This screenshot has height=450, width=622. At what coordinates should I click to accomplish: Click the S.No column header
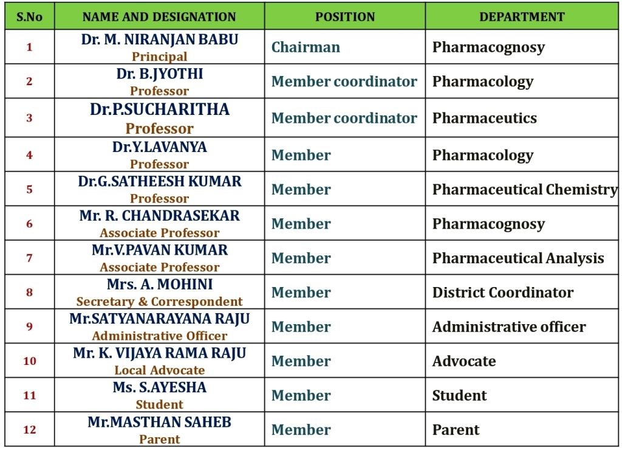29,17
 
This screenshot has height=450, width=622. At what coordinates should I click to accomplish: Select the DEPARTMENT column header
522,17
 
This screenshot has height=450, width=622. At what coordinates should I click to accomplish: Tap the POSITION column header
344,17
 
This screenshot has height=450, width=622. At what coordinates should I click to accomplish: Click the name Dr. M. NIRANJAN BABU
160,40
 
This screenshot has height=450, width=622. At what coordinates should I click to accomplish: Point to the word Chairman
306,47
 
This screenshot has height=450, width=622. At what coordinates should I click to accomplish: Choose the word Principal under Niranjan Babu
160,57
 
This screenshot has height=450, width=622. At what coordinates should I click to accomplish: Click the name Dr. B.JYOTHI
160,74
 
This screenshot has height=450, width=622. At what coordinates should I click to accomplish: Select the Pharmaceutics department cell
484,118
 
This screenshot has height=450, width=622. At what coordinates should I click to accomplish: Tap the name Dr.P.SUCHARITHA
160,109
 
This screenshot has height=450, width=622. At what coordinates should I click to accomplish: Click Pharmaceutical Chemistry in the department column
525,190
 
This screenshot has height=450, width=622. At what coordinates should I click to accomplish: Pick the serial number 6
29,224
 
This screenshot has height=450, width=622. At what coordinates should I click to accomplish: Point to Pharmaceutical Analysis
518,258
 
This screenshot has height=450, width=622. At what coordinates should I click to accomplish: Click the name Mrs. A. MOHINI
160,285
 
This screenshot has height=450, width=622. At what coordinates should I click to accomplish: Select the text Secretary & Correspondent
160,302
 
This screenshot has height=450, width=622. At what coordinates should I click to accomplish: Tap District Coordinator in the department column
502,292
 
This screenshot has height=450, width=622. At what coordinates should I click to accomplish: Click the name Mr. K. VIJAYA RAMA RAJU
160,353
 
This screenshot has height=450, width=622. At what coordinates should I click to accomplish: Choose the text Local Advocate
160,370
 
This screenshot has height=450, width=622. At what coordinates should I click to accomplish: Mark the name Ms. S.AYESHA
160,387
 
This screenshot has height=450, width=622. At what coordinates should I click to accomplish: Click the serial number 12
29,430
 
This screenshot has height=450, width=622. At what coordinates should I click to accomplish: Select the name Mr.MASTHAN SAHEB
160,422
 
